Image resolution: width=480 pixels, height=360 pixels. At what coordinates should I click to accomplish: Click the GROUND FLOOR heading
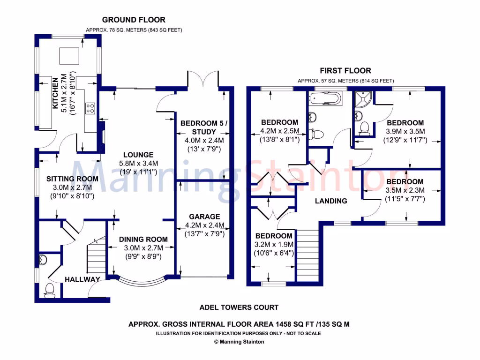(x=134, y=20)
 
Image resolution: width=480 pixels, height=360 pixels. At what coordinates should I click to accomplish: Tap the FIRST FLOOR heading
(x=345, y=71)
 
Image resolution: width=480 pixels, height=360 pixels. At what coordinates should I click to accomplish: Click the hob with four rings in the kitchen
(x=90, y=108)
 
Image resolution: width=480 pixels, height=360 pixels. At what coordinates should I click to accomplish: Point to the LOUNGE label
(x=138, y=155)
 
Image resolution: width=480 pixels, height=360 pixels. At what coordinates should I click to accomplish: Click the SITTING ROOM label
(x=72, y=179)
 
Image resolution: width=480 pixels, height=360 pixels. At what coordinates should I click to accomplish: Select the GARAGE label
(x=204, y=217)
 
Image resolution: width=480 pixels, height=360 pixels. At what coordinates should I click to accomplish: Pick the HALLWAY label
(x=82, y=280)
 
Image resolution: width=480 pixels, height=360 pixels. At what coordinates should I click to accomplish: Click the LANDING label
(x=331, y=201)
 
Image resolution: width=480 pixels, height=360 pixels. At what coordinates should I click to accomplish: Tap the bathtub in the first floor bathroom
(x=325, y=99)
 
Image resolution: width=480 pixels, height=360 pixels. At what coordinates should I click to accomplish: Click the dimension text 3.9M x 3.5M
(x=405, y=131)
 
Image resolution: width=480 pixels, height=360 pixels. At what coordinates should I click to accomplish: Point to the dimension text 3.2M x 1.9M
(x=274, y=245)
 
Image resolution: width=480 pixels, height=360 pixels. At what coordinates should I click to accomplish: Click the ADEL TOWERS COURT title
(x=239, y=307)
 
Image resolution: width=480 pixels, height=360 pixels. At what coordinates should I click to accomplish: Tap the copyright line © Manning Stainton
(x=239, y=342)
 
